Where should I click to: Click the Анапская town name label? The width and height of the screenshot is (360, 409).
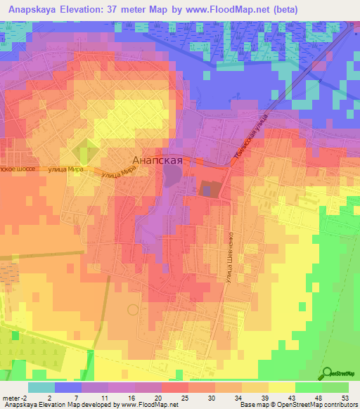click(x=158, y=160)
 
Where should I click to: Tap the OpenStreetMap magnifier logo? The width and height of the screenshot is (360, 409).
click(x=327, y=374)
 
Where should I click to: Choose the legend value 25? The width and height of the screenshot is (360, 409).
click(x=184, y=398)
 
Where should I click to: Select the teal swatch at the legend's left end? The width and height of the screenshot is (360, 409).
click(x=41, y=387)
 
